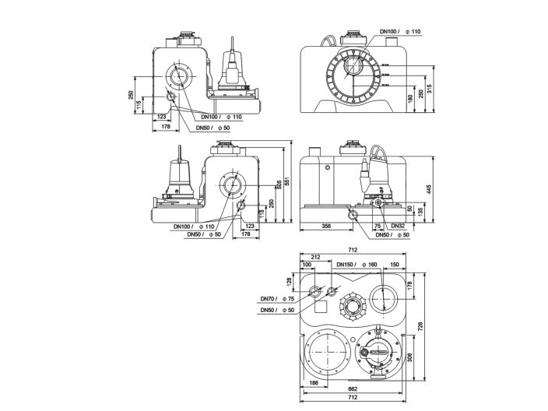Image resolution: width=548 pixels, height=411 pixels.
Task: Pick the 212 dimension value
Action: pyautogui.click(x=314, y=257)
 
